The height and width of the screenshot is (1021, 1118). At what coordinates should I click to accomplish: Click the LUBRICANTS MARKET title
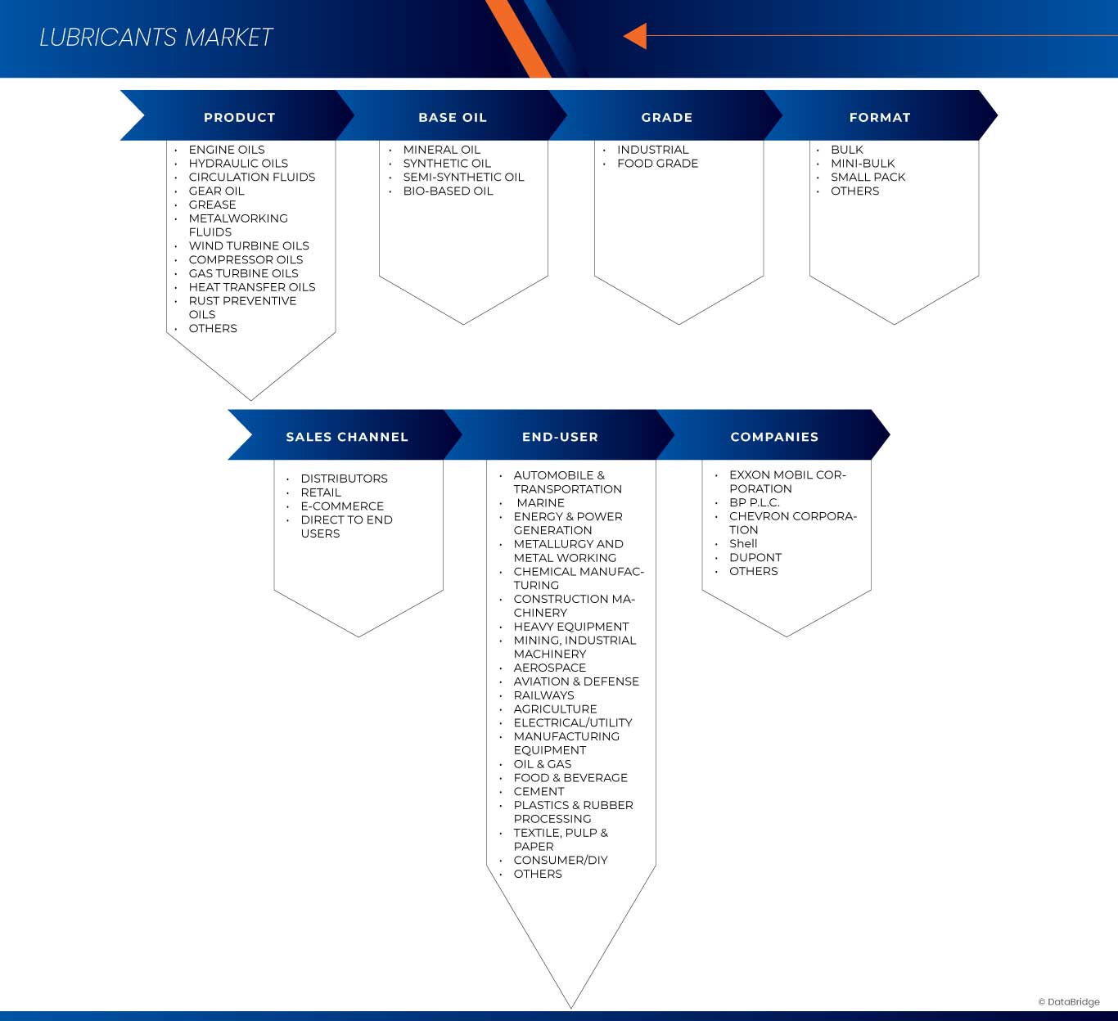coord(156,38)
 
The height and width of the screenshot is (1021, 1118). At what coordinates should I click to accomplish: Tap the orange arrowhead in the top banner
coord(636,36)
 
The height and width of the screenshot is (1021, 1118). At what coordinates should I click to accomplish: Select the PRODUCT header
coord(239,117)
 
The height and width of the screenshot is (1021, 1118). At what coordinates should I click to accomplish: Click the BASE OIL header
coord(453,117)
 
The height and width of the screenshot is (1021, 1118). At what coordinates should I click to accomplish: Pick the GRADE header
coord(667,117)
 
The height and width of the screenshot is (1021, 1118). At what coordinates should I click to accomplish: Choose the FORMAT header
coord(880,117)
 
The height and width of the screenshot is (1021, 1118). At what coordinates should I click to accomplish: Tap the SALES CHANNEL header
coord(347,437)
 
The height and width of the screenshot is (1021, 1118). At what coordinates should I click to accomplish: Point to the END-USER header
coord(561,437)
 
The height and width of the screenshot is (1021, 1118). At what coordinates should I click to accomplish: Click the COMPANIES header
coord(774,437)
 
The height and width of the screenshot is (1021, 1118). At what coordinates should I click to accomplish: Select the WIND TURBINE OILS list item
coord(249,245)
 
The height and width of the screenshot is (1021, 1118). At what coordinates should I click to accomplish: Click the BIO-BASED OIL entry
coord(448,191)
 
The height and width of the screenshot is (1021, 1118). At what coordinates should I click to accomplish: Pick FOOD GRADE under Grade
coord(657,164)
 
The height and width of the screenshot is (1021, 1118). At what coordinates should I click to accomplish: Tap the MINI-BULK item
coord(863,164)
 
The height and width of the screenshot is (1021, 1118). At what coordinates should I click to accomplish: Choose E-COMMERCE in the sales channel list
coord(342,506)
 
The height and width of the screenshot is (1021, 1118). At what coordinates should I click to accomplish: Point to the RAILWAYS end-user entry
coord(543,695)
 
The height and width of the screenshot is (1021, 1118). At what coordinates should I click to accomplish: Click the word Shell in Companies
coord(743,543)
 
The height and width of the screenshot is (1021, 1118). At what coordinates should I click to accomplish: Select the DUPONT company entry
coord(755,557)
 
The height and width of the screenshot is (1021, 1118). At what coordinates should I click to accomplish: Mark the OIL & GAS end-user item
coord(543,764)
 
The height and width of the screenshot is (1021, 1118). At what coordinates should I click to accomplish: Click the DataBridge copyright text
coord(1069,1002)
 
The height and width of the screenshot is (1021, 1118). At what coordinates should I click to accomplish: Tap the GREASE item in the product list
coord(212,205)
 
